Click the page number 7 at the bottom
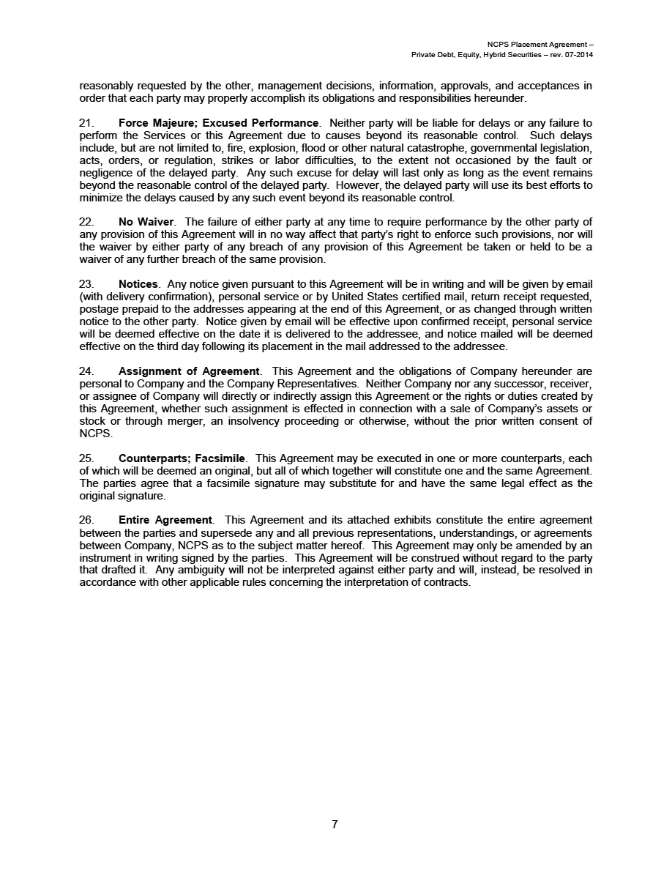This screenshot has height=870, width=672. (335, 825)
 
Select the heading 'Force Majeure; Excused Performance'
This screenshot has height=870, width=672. (218, 123)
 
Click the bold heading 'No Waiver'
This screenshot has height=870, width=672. (146, 222)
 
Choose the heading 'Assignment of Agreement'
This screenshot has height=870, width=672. (189, 371)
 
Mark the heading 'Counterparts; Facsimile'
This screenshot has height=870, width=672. (182, 458)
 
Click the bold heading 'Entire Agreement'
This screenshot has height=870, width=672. (165, 521)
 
